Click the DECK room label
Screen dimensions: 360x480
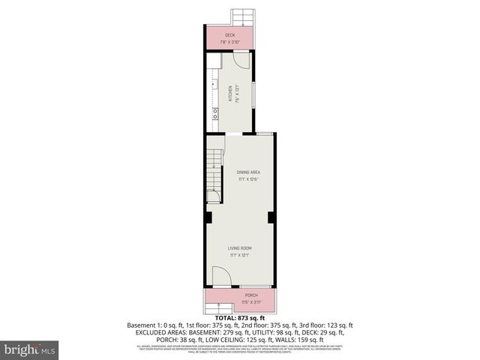[229, 35]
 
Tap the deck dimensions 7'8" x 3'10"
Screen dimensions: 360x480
[229, 42]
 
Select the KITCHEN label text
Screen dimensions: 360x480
[230, 95]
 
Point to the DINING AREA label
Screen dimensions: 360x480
[238, 172]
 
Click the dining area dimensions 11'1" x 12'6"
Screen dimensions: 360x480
[238, 180]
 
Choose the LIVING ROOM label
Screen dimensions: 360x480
[240, 248]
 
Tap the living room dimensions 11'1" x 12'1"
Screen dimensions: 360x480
[240, 256]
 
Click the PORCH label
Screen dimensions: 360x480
[250, 295]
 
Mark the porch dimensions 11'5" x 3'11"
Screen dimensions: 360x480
[250, 302]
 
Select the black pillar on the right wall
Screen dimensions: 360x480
[271, 217]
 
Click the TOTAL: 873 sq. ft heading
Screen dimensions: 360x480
[239, 318]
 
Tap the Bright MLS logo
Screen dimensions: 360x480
[30, 350]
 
